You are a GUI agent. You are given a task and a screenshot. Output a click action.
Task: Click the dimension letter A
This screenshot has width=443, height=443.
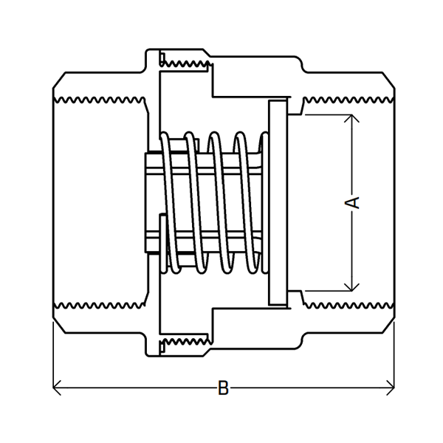click(x=355, y=201)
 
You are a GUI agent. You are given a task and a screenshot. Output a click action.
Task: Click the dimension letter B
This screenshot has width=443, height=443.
click(x=223, y=387)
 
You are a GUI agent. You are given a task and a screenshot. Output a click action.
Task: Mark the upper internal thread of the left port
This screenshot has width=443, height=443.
click(x=100, y=97)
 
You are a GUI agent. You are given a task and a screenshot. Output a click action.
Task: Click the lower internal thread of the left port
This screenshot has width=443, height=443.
click(x=100, y=304)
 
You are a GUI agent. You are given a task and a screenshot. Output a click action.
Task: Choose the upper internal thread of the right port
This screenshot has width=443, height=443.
click(x=347, y=97)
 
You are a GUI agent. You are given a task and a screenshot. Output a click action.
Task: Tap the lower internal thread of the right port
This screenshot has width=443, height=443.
click(x=347, y=304)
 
